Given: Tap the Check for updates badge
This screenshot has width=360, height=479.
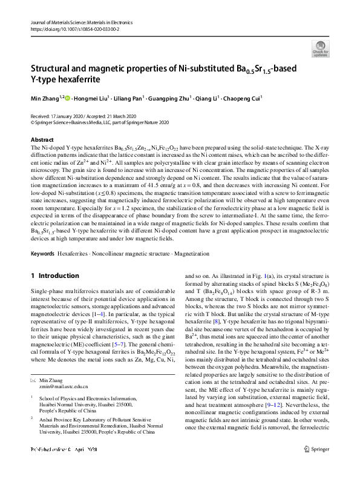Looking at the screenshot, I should point(320,48).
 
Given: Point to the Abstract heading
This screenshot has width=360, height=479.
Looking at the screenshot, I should point(42,140).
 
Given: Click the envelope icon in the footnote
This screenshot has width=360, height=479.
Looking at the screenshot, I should point(33,380).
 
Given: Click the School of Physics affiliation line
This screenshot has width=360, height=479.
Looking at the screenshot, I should point(88,399).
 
